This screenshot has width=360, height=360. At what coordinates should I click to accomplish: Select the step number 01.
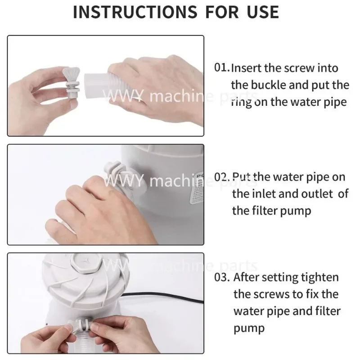222,68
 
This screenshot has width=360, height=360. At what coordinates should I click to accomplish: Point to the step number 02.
222,177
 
